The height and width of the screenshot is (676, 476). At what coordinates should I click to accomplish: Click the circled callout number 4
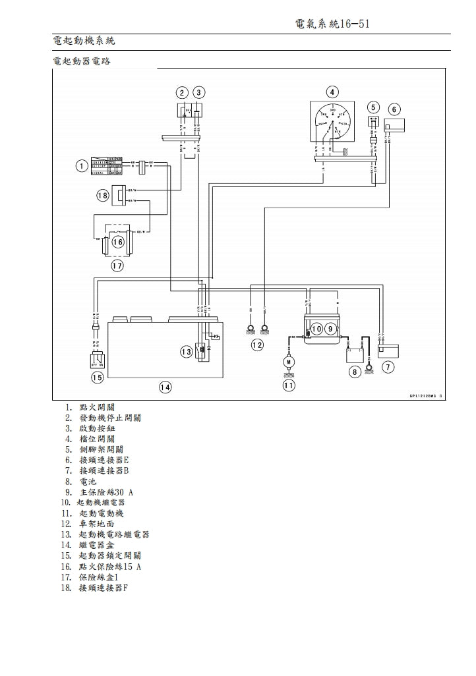(332, 92)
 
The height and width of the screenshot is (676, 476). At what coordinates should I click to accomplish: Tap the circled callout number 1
(80, 166)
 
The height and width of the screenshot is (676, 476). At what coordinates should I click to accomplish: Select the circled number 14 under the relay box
(165, 387)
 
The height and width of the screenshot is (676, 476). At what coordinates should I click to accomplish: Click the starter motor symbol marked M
(288, 361)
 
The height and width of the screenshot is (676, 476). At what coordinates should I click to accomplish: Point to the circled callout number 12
(257, 344)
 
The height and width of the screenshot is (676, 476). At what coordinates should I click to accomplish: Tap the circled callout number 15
(97, 378)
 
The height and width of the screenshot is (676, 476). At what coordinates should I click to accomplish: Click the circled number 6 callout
(394, 109)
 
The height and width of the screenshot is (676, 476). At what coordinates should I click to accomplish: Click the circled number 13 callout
(187, 352)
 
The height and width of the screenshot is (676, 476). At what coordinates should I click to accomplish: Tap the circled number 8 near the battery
(355, 372)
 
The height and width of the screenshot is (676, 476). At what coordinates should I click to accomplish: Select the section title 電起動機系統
(84, 42)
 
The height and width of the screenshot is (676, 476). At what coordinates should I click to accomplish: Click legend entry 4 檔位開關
(96, 438)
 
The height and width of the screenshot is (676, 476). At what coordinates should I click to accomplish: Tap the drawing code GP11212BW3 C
(421, 396)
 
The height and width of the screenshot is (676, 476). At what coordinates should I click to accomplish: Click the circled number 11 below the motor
(288, 385)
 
